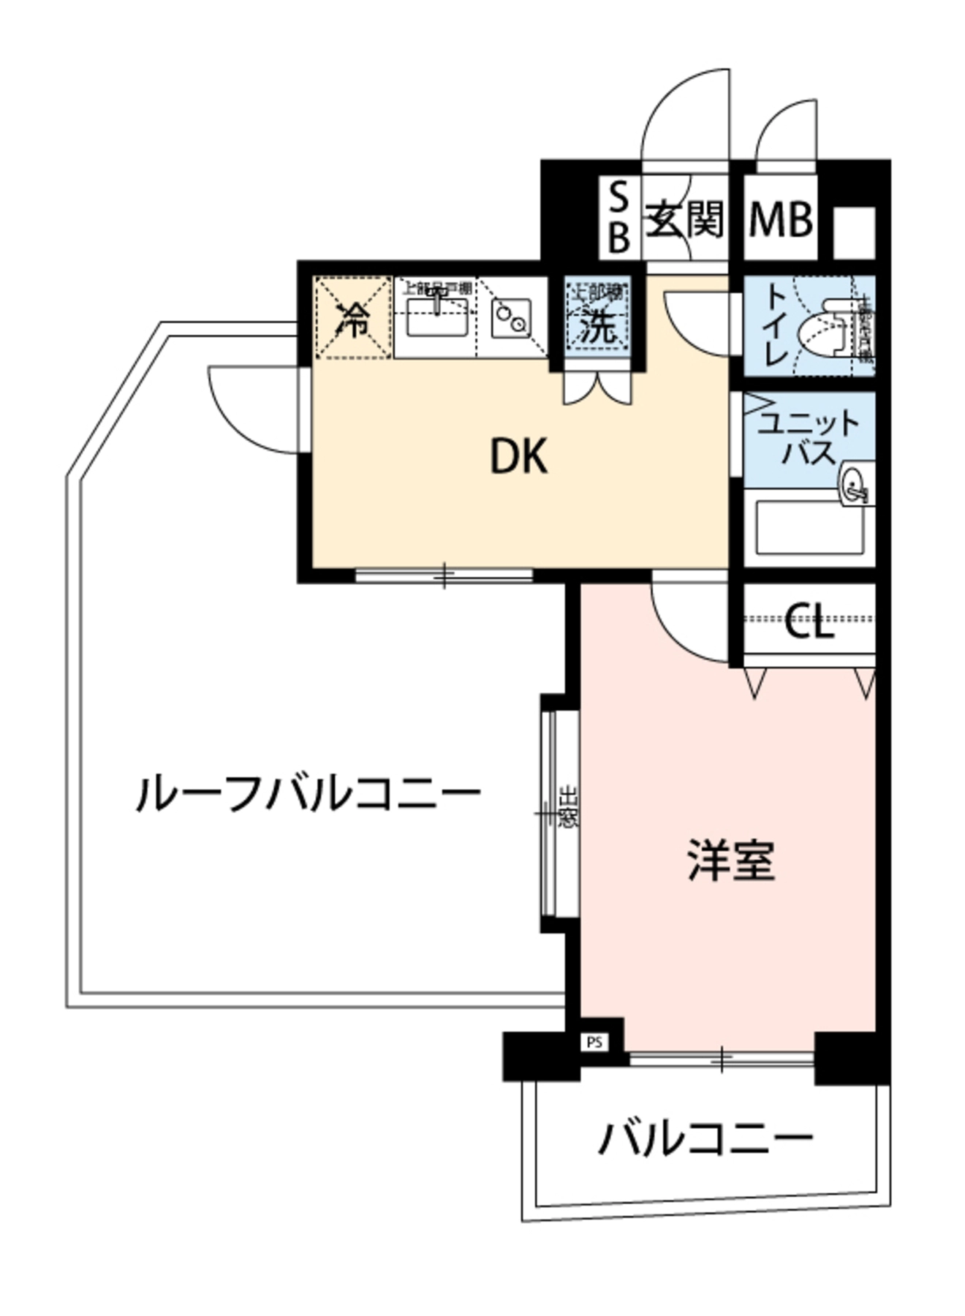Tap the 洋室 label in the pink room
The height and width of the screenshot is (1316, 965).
click(730, 861)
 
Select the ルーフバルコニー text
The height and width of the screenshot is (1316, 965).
click(308, 793)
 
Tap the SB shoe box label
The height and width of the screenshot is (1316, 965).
click(618, 217)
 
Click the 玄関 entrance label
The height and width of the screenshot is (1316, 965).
click(684, 219)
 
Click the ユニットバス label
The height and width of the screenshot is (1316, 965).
click(808, 437)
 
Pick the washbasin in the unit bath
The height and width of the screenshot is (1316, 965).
click(855, 483)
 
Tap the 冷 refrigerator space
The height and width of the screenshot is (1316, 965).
click(353, 319)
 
